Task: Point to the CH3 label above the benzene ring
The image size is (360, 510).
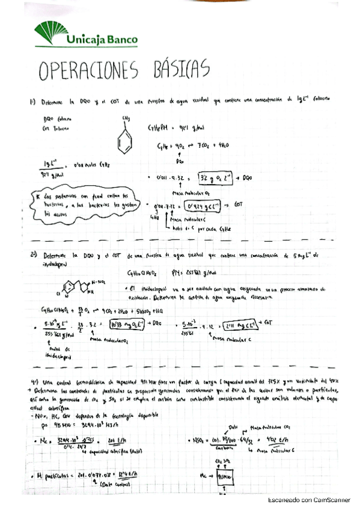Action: click(x=125, y=118)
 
